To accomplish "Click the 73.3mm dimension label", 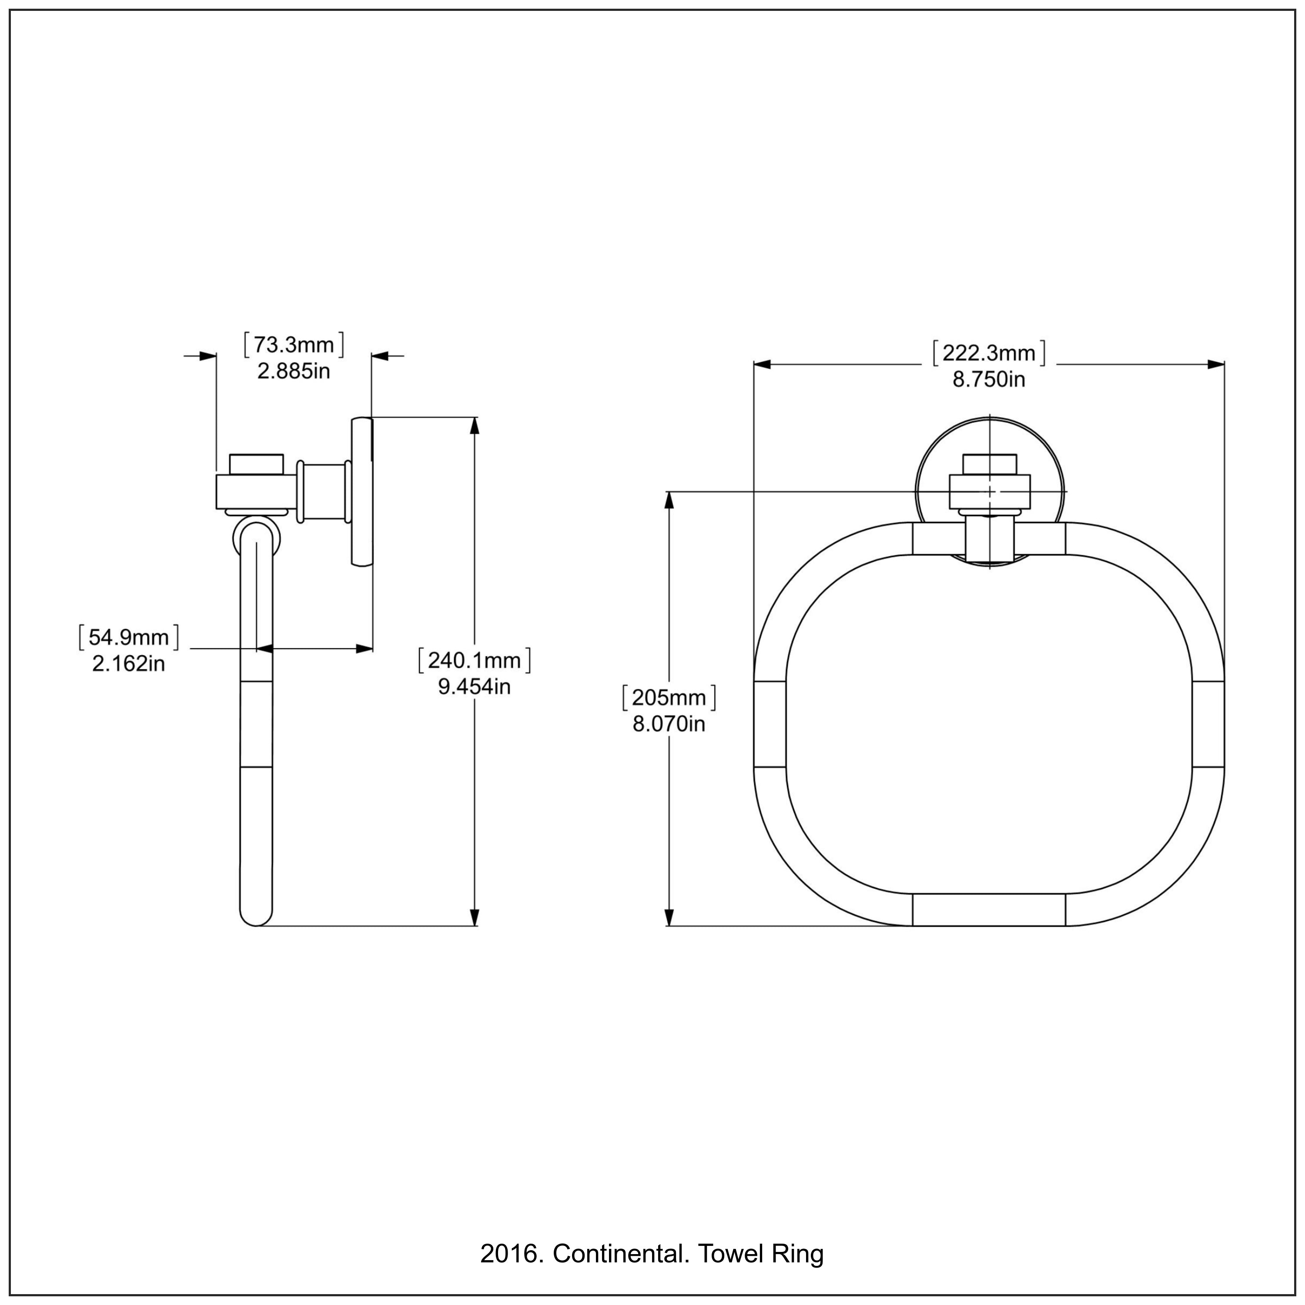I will coord(294,345).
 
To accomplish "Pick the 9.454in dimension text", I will coord(474,687).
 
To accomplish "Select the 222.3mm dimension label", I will coord(989,353).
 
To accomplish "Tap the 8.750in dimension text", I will coord(989,380).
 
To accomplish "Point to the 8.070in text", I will coord(669,724).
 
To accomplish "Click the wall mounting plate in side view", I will coord(362,491).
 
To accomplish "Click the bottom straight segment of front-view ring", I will coord(989,910).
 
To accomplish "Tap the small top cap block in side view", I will coord(256,464).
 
